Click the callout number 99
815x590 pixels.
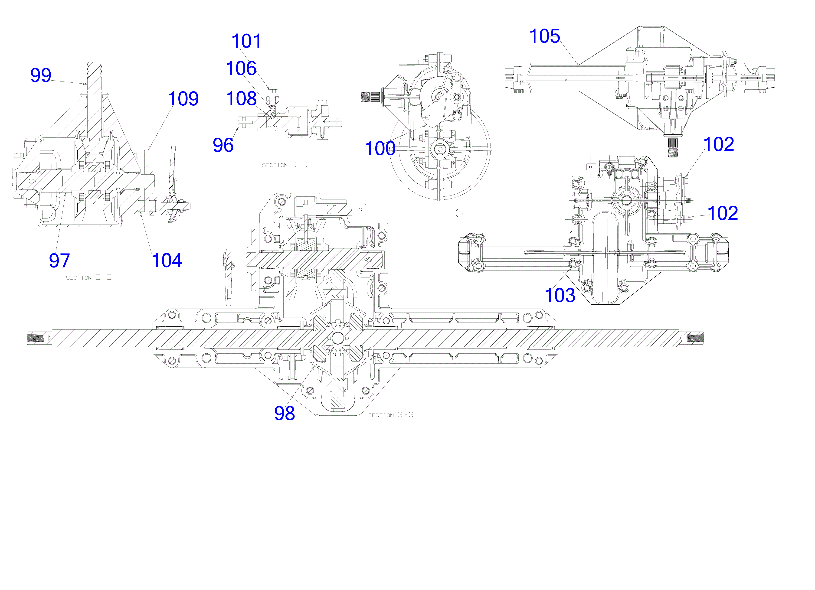(x=41, y=75)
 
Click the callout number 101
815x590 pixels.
(x=246, y=41)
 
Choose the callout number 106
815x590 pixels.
(x=241, y=68)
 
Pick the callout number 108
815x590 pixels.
(x=242, y=98)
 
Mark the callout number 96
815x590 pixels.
(x=223, y=145)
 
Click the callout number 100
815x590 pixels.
(x=380, y=148)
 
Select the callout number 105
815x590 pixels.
(x=545, y=36)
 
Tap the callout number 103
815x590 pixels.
(x=560, y=295)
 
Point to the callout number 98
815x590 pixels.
(x=285, y=413)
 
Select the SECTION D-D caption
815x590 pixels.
(x=285, y=165)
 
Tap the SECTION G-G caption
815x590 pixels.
(x=391, y=415)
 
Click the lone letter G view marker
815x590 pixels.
(x=459, y=213)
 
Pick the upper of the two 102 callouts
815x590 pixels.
(x=719, y=144)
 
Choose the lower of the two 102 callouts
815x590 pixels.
(x=723, y=213)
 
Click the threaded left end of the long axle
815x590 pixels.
(x=36, y=338)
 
